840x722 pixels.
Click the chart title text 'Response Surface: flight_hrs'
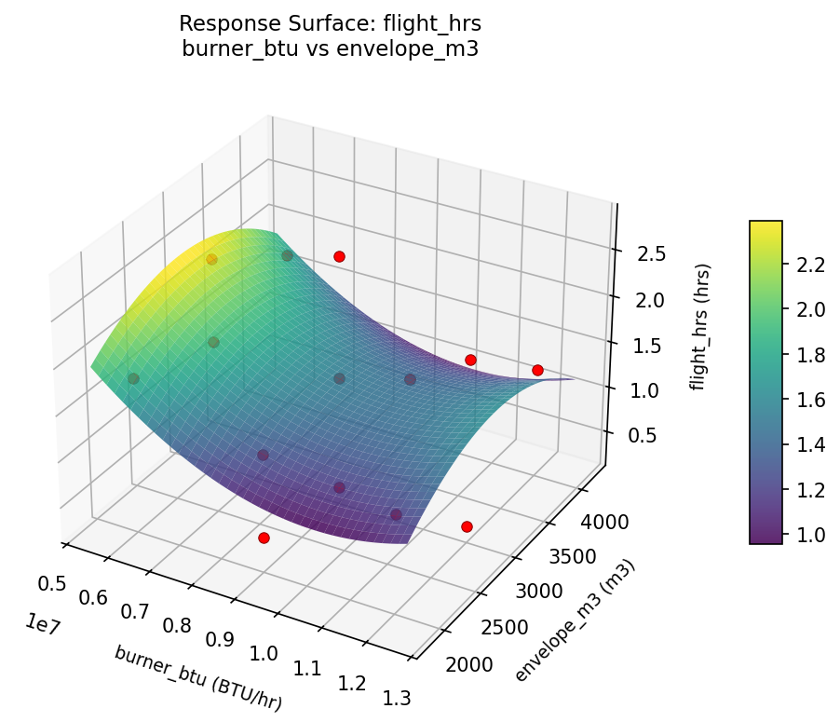point(330,23)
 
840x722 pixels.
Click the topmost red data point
point(339,256)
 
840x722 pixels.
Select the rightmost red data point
point(537,370)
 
